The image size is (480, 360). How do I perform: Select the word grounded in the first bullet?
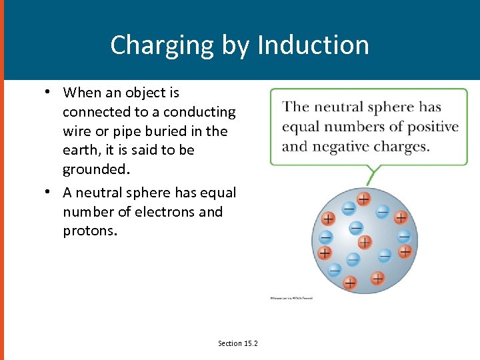click(x=93, y=169)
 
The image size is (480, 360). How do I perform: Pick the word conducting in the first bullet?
click(x=199, y=112)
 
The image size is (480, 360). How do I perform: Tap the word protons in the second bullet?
click(x=89, y=231)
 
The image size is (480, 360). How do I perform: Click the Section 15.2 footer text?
click(x=238, y=343)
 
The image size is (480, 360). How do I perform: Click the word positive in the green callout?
click(x=434, y=127)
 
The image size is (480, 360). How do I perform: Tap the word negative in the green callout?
click(x=340, y=146)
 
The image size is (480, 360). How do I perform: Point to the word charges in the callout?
click(x=403, y=146)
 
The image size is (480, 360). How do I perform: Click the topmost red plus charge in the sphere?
click(x=363, y=199)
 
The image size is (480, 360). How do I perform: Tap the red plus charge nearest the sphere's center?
click(x=364, y=241)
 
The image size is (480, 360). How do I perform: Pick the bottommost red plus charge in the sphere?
click(x=350, y=283)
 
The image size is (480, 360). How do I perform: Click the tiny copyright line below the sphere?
click(x=291, y=298)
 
